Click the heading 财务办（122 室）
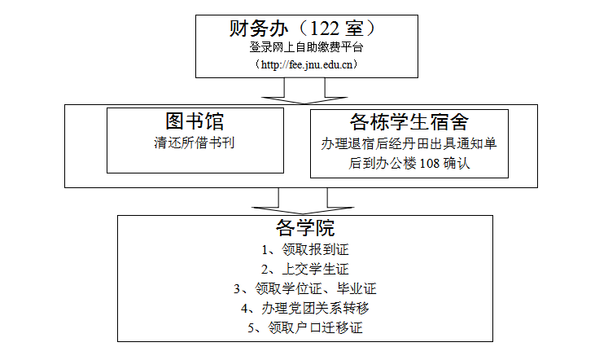pos(303,28)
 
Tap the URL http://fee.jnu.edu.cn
pos(307,64)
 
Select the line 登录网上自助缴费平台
pos(306,47)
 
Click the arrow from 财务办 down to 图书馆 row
pos(304,91)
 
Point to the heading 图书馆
pos(195,121)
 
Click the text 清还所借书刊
pos(195,143)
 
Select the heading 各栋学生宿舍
pos(409,122)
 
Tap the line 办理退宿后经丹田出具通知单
pos(409,144)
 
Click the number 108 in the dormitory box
pos(430,164)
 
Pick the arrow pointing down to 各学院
pos(303,201)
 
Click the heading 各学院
pos(305,228)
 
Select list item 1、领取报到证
pos(305,249)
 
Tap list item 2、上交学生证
pos(305,270)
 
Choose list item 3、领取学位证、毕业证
pos(305,288)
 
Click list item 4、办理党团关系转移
pos(305,309)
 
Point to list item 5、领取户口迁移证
pos(305,327)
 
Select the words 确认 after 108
pos(457,164)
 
